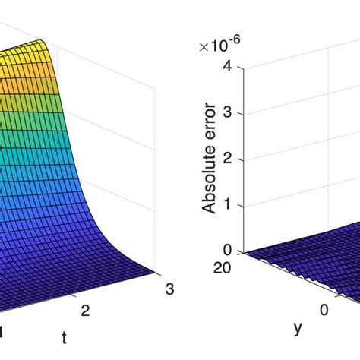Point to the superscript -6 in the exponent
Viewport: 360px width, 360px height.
(x=229, y=43)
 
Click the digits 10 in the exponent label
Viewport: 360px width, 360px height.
(x=216, y=48)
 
